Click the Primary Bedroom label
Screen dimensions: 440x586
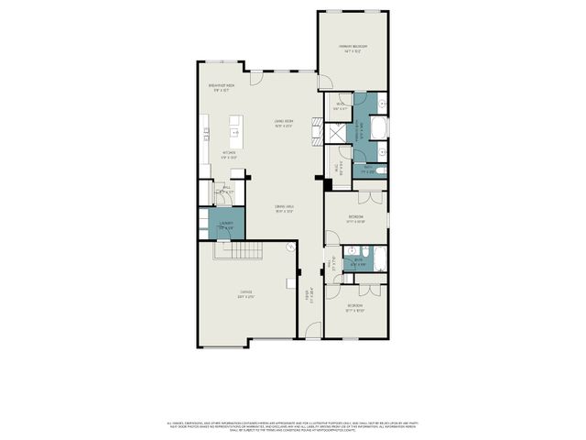(x=353, y=49)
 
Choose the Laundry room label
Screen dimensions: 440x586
(x=226, y=225)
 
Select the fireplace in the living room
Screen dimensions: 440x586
(x=317, y=128)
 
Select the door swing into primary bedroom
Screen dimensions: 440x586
(x=324, y=82)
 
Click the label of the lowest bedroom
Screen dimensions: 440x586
(x=355, y=307)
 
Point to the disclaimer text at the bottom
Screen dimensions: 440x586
(x=293, y=424)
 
